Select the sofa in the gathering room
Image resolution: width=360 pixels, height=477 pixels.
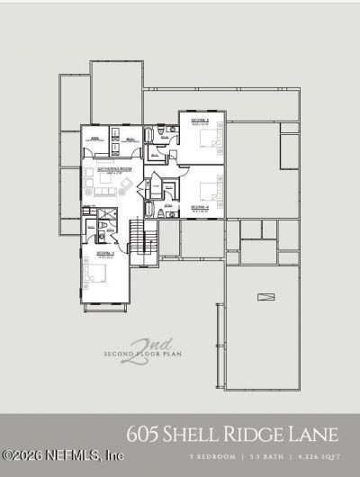(x=105, y=192)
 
